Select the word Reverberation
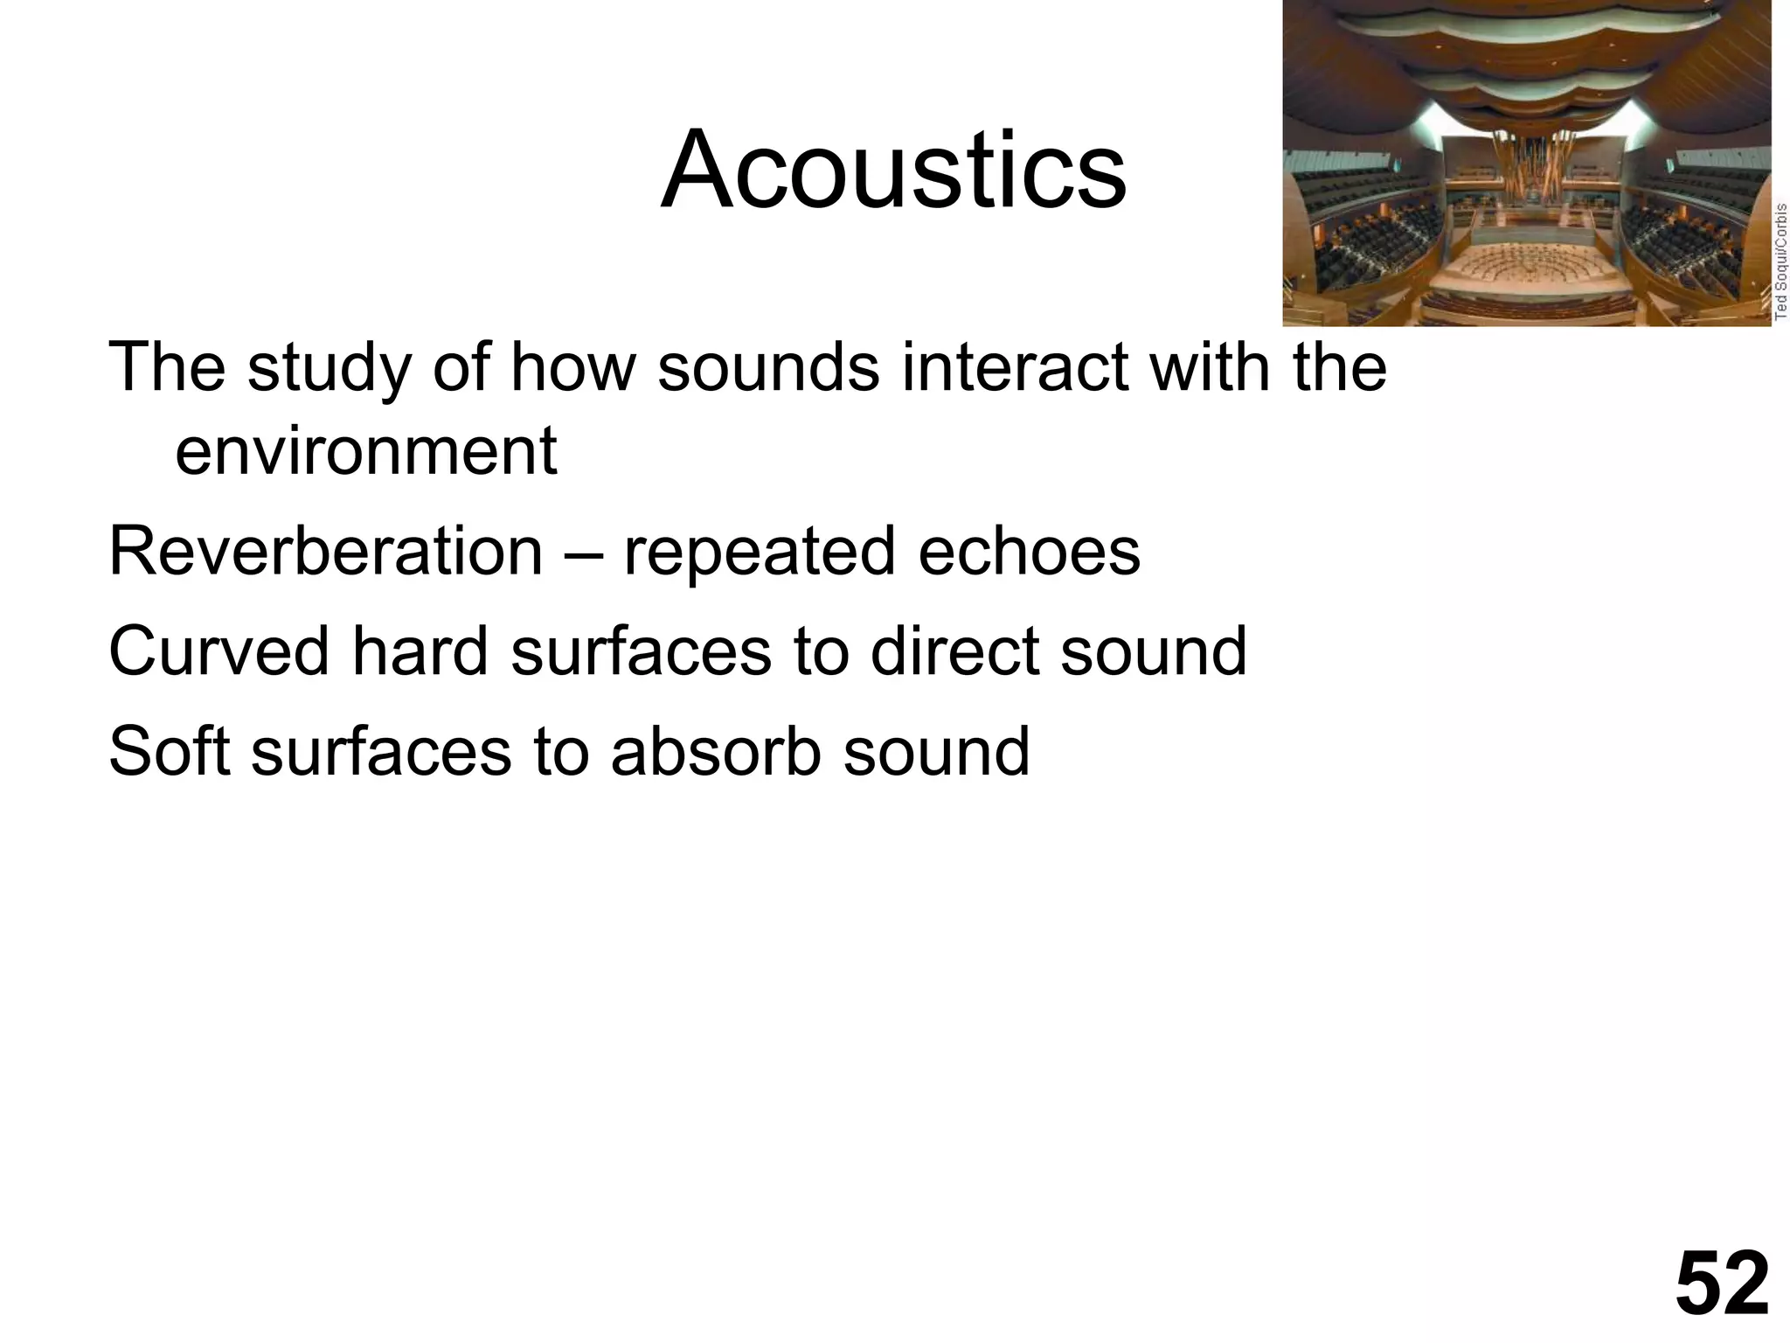325,552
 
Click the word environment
365,451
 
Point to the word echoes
1029,552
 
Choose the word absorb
716,751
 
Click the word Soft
170,751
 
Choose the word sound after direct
1154,651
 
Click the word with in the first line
1210,367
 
